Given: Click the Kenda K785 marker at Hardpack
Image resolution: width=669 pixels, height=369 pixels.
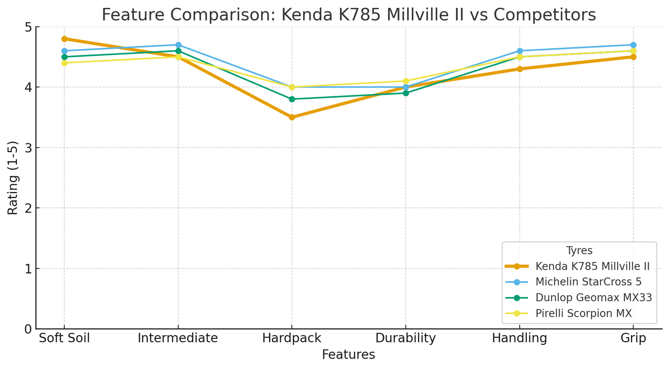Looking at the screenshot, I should click(x=292, y=117).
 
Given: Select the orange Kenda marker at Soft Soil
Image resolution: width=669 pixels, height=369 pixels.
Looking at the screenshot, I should click(x=64, y=39).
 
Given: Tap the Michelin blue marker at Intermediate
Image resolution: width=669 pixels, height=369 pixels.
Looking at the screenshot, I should click(x=178, y=45).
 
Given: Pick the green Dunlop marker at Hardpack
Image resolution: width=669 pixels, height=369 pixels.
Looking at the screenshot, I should click(x=292, y=99).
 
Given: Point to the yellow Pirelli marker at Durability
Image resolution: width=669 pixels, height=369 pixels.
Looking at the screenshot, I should click(x=406, y=81).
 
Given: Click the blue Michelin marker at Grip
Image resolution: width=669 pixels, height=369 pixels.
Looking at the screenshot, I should click(x=633, y=45).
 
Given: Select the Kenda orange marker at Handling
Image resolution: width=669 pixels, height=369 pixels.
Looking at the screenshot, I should click(x=519, y=69).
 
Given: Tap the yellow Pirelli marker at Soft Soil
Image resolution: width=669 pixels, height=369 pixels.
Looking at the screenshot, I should click(x=64, y=63).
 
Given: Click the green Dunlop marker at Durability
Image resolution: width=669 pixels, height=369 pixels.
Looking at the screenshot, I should click(x=406, y=93).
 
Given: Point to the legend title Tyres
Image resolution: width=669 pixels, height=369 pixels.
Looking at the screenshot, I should click(x=579, y=251).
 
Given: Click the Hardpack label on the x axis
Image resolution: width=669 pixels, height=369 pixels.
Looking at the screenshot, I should click(x=292, y=338).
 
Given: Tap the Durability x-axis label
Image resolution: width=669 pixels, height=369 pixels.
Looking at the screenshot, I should click(x=406, y=338).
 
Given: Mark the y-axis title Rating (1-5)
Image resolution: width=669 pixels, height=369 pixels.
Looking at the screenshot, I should click(x=13, y=178).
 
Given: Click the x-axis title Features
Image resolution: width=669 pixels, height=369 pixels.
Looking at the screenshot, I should click(x=348, y=355).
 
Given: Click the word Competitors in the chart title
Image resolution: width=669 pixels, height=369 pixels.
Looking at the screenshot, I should click(x=544, y=15).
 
